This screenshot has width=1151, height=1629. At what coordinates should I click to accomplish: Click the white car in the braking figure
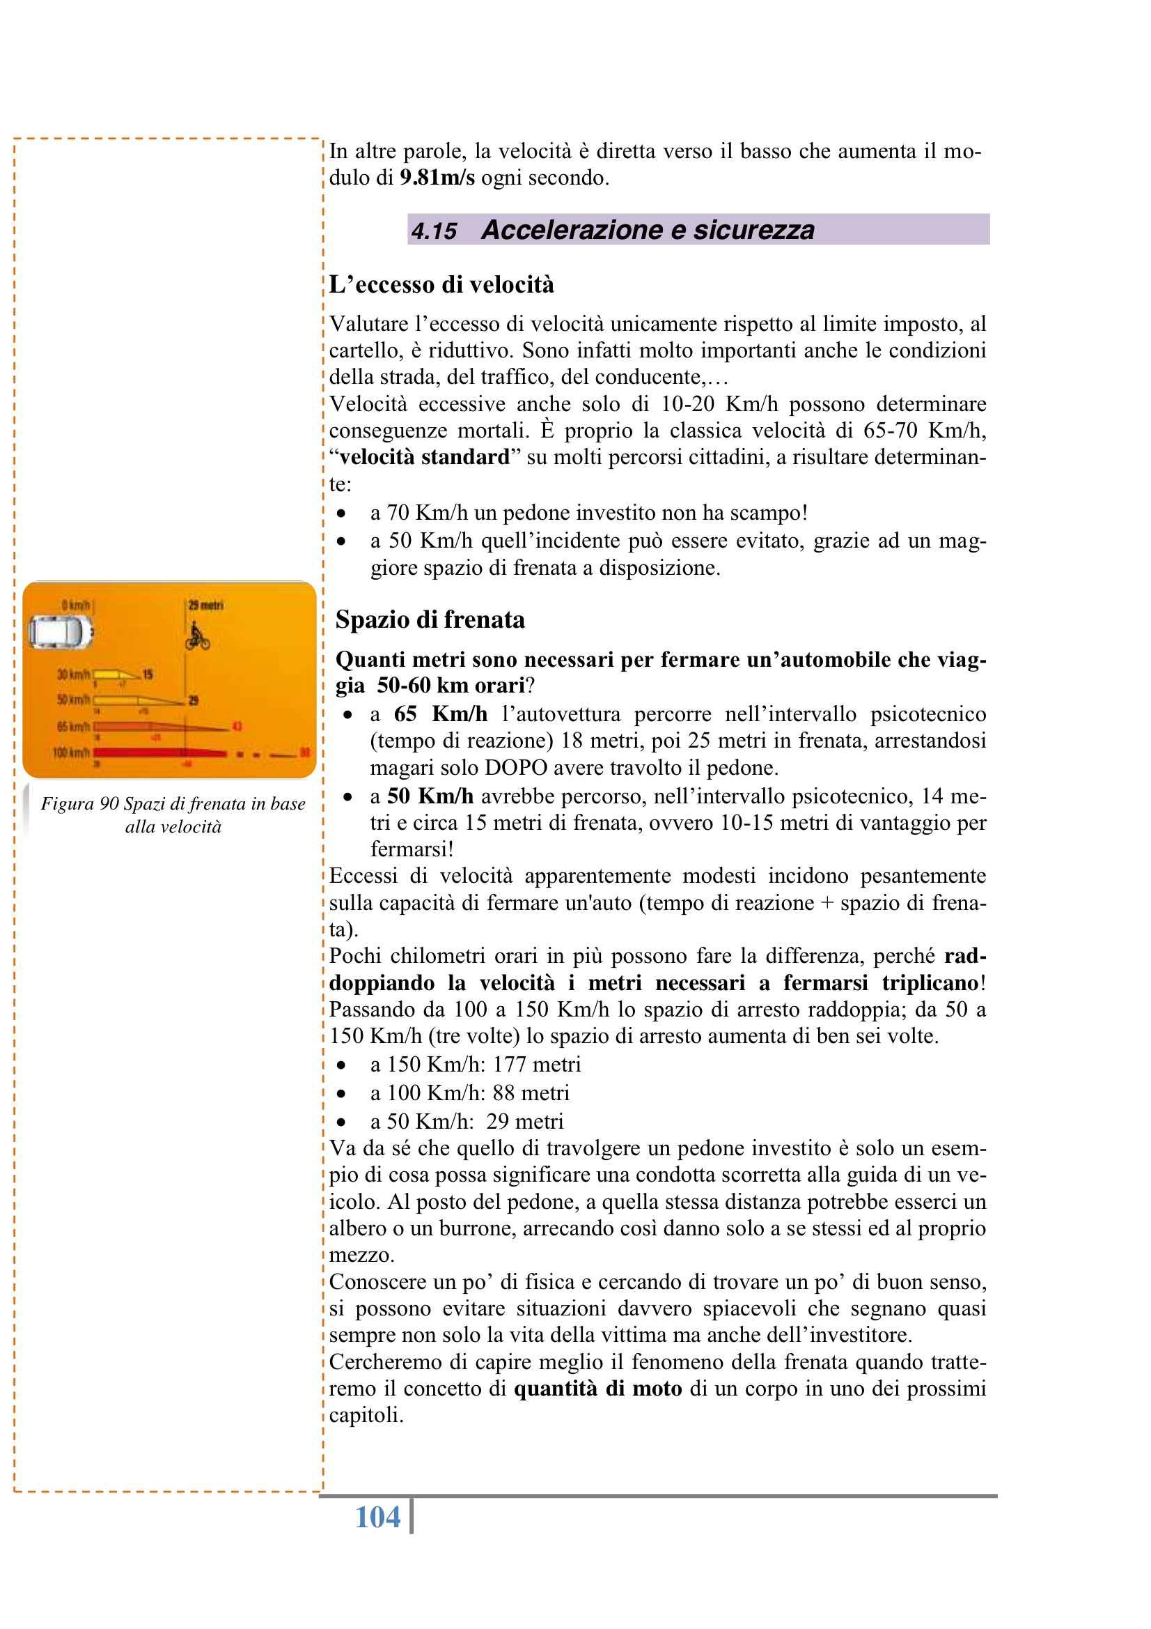61,631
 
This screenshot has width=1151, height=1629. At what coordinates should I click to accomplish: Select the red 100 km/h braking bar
159,752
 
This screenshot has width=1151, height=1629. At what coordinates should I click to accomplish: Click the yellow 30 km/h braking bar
113,674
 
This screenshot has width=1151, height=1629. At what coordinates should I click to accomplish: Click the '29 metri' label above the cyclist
205,605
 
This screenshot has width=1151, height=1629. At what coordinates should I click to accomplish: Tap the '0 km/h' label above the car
75,605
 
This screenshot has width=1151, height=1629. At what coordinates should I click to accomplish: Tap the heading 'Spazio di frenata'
430,619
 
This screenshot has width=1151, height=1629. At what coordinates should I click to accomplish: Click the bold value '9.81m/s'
437,178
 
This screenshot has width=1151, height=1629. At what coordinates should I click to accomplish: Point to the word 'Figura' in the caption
68,803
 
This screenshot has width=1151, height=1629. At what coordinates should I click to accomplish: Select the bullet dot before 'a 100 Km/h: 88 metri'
342,1093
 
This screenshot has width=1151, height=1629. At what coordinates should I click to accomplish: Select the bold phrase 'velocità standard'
424,457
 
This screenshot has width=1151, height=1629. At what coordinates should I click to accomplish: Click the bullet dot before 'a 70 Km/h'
342,513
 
